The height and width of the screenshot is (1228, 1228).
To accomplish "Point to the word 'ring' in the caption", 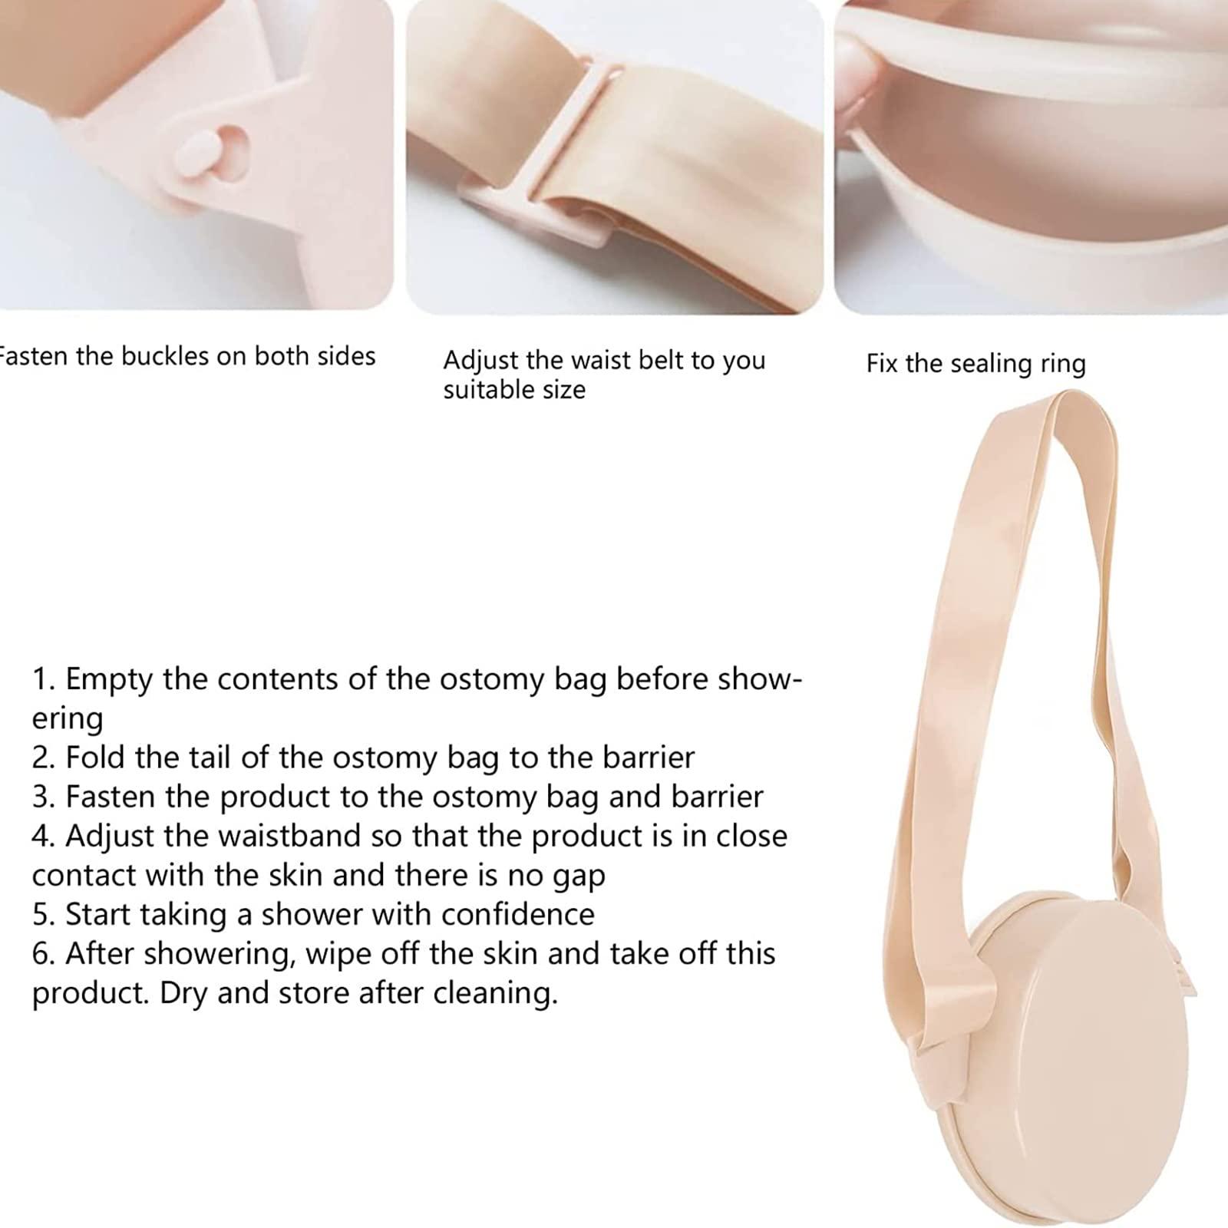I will tap(1063, 364).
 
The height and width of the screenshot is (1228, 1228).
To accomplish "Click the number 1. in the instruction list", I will tap(44, 679).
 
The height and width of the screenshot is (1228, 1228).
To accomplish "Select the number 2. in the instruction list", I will tap(44, 758).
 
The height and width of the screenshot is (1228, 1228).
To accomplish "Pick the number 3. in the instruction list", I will tap(44, 797).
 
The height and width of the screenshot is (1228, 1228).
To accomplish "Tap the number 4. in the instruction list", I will tap(44, 836).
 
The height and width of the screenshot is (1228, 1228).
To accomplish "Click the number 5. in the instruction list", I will tap(44, 914).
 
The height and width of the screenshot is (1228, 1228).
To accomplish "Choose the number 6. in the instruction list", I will tap(44, 953).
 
